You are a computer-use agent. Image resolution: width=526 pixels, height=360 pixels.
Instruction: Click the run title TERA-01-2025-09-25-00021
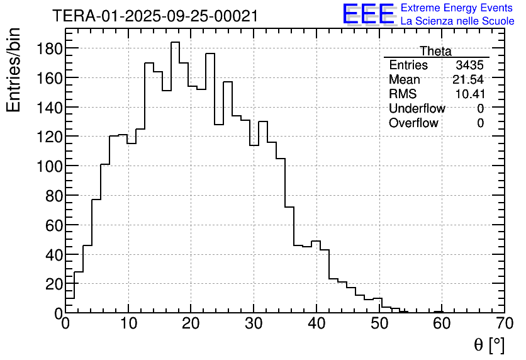point(155,16)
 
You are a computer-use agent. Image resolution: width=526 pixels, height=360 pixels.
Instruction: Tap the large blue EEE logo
point(368,14)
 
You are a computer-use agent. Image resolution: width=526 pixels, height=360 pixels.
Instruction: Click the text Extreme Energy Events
point(457,8)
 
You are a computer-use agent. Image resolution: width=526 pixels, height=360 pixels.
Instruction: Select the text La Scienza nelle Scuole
point(457,21)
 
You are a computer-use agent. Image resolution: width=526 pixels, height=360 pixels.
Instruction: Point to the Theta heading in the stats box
point(435,51)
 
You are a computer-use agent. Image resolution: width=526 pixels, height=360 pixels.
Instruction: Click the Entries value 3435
point(469,65)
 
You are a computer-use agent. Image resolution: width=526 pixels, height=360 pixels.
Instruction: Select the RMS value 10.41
point(469,94)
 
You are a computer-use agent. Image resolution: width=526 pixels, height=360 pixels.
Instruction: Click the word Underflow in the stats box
point(417,109)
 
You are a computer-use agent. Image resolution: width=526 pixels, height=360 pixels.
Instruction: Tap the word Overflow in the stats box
point(413,123)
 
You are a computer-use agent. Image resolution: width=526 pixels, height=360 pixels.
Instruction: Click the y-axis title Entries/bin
point(14,69)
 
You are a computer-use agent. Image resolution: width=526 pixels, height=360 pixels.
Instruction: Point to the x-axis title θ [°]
point(488,344)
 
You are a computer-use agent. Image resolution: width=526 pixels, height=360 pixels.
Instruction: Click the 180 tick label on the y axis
point(49,48)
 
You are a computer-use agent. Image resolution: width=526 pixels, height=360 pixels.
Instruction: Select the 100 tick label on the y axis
point(49,166)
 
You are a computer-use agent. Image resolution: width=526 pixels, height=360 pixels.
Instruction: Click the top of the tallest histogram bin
point(175,42)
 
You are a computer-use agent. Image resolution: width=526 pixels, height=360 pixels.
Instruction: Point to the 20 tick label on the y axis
point(53,284)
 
